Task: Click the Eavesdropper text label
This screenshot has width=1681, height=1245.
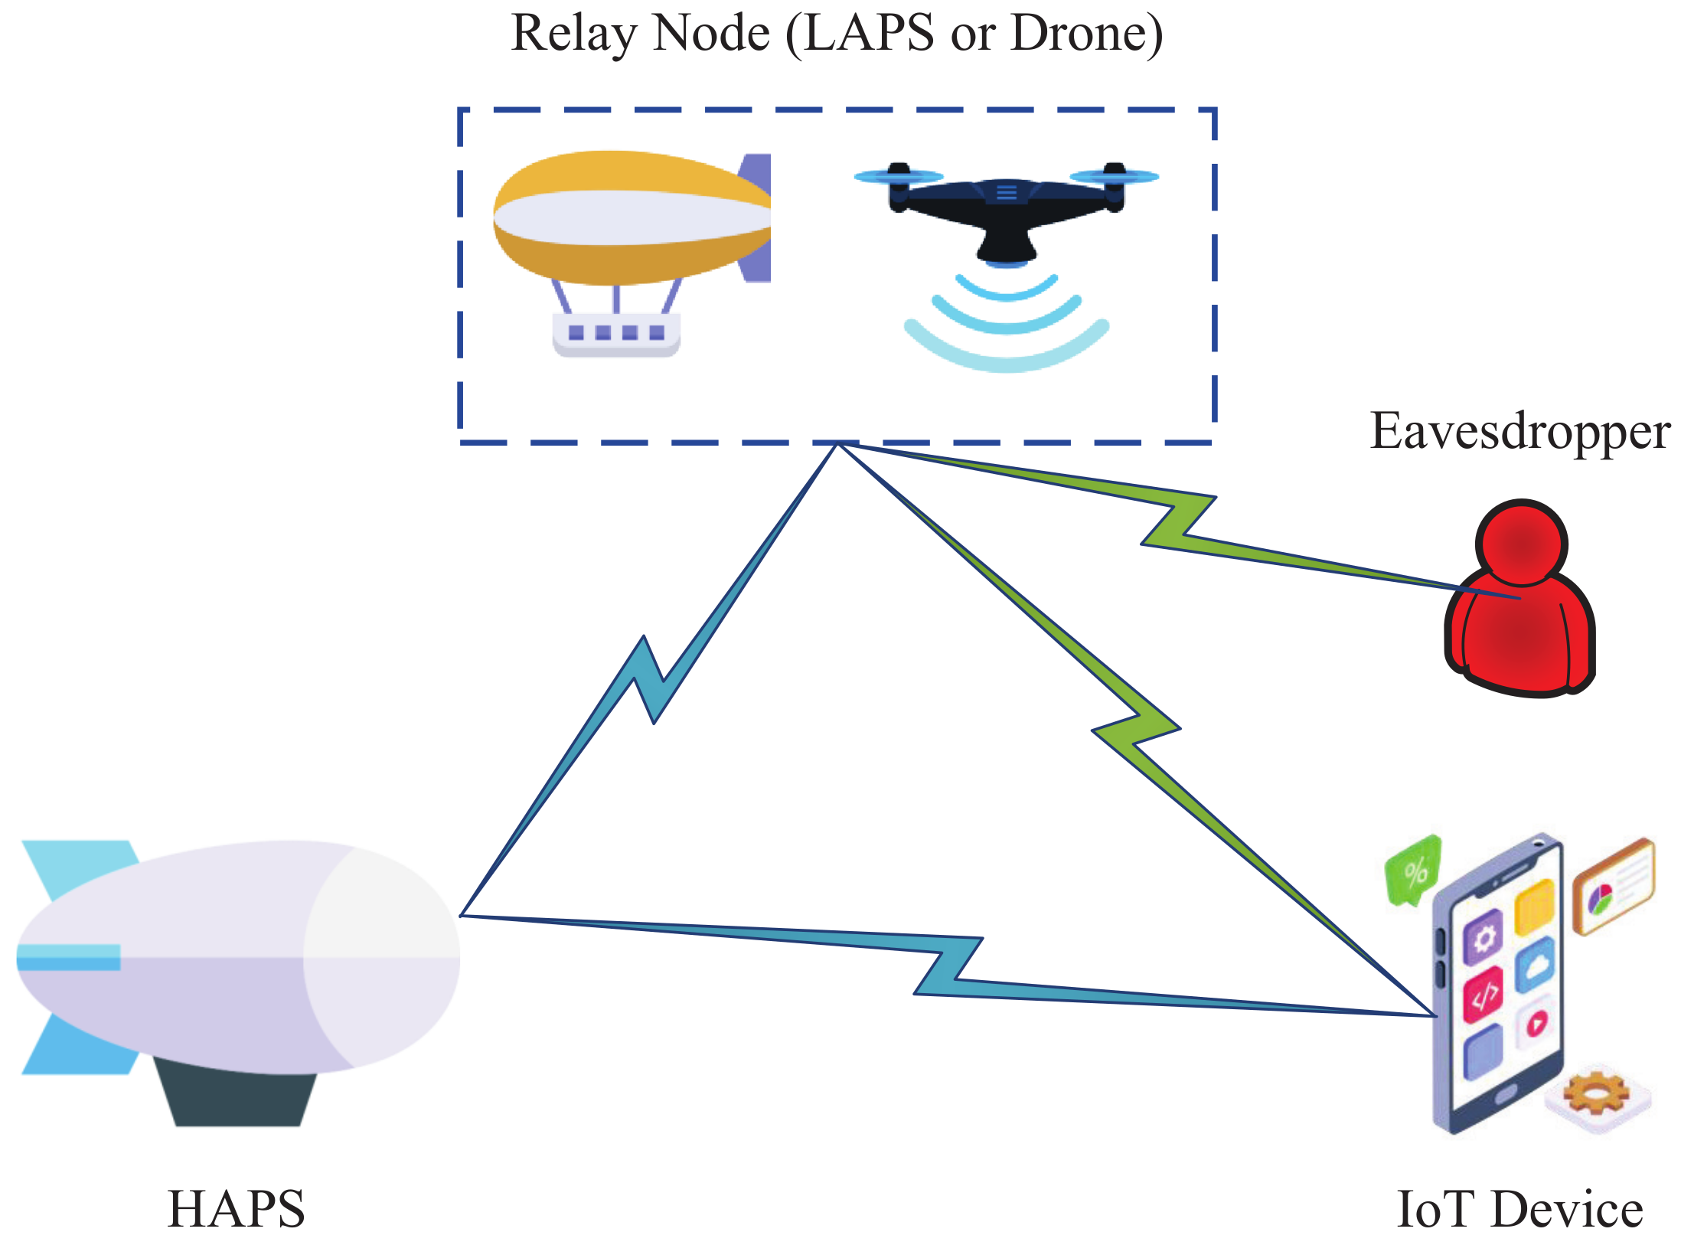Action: (1519, 432)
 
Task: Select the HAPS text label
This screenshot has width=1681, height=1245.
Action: (236, 1210)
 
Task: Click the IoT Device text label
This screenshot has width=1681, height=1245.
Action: (1519, 1210)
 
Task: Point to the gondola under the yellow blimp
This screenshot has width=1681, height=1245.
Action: (616, 334)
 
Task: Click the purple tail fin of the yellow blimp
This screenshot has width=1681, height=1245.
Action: (756, 218)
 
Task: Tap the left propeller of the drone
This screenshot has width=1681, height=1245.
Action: (898, 177)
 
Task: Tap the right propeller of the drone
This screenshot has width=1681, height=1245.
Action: (1115, 177)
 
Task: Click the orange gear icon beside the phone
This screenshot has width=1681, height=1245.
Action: (1596, 1095)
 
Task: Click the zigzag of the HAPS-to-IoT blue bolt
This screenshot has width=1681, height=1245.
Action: (949, 966)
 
